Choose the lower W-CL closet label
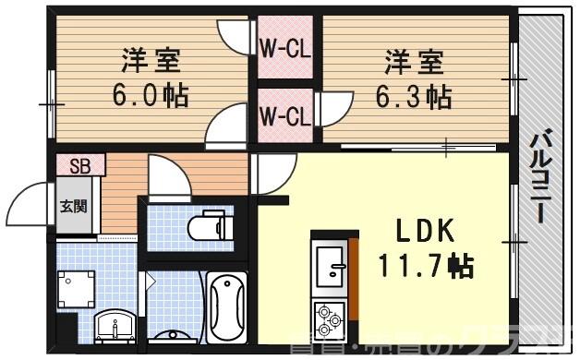click(284, 116)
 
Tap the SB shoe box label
click(79, 165)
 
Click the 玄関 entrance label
click(74, 206)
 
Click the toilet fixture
click(206, 224)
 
